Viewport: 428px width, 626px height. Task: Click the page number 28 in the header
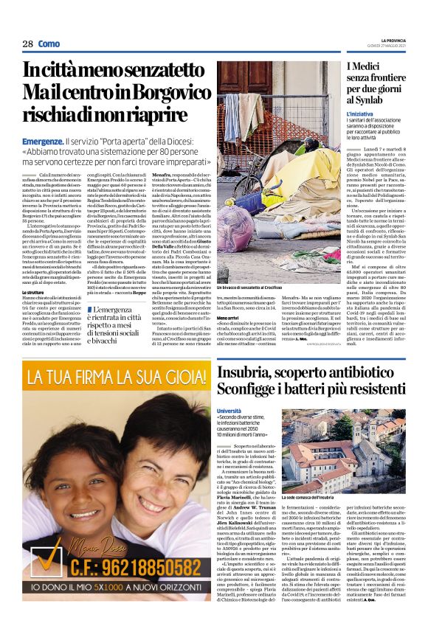click(27, 44)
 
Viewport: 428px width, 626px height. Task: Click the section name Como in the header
click(49, 44)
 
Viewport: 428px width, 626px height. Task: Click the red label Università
click(229, 410)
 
